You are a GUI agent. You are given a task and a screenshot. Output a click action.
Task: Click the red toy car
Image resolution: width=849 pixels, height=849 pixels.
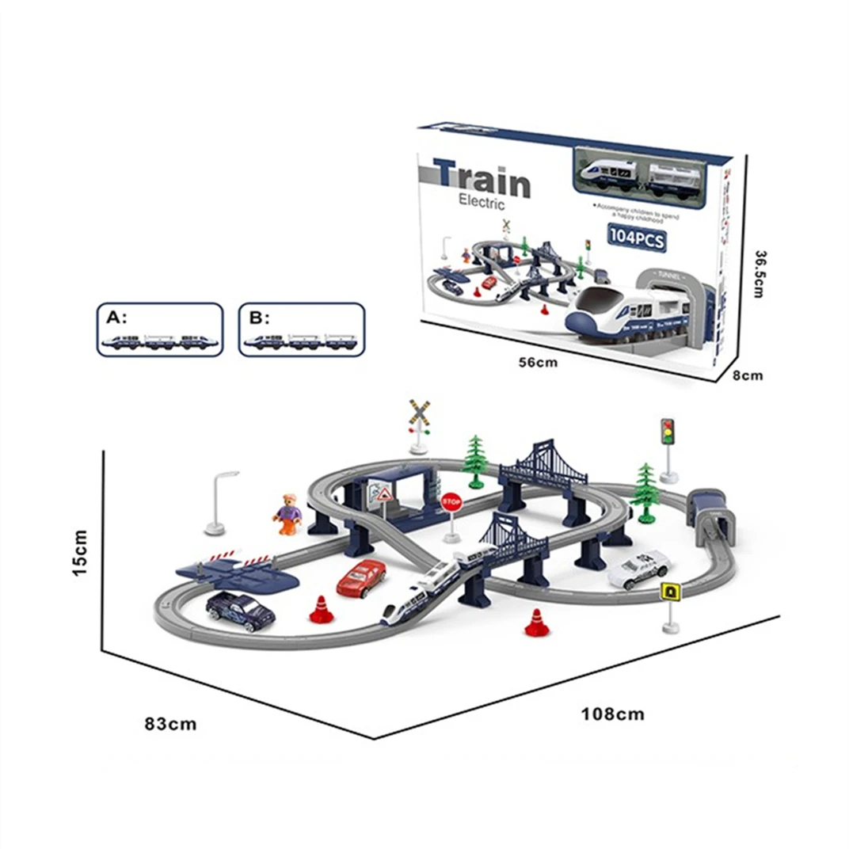(361, 577)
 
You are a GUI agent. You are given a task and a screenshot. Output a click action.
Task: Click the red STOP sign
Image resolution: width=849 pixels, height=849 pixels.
(450, 502)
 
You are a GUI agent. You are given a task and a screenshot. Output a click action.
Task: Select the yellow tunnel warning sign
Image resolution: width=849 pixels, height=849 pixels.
(672, 592)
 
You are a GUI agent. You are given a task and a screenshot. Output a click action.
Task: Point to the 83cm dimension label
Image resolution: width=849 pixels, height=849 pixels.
(171, 724)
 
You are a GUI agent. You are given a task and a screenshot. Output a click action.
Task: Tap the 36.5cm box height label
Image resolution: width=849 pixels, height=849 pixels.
(759, 272)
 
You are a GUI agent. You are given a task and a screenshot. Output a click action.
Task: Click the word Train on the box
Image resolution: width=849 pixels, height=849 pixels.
(482, 180)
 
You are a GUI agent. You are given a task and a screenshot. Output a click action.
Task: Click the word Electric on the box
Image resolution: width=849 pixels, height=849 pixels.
(482, 204)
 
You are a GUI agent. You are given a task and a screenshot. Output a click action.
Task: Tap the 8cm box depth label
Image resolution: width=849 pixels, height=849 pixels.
(747, 375)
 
